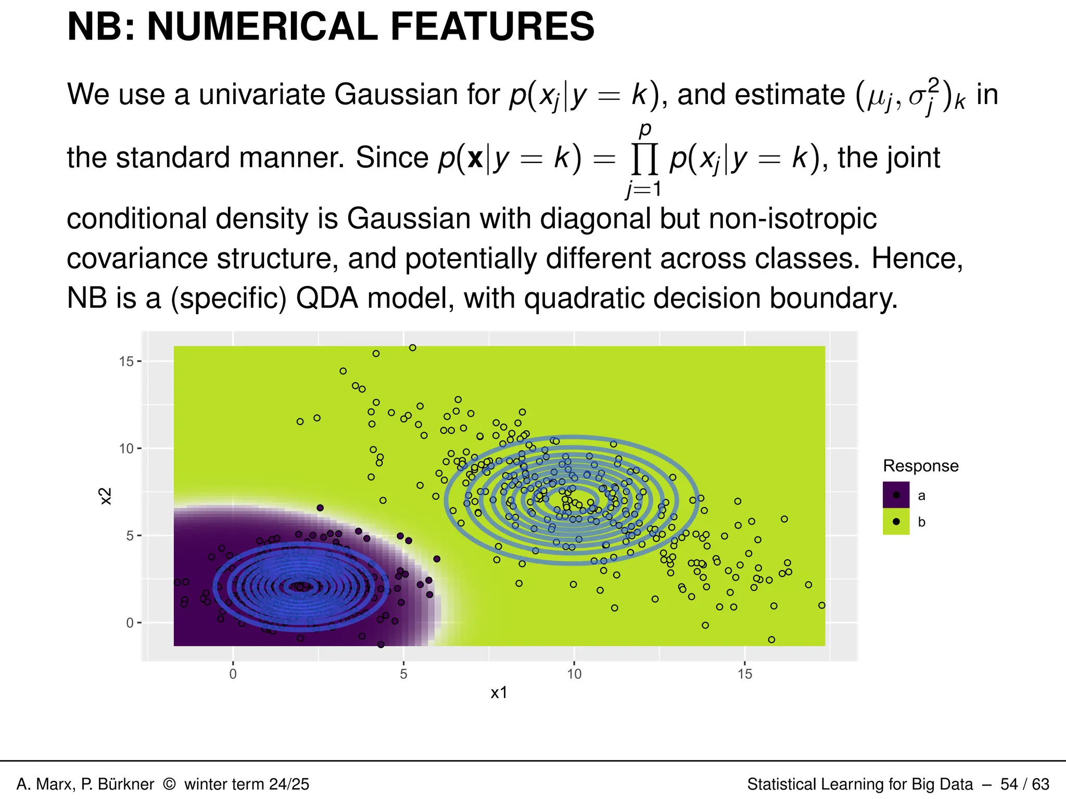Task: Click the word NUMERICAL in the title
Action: [263, 27]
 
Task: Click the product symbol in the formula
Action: [644, 159]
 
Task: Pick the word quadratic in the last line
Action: [584, 299]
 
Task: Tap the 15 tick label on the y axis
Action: [126, 362]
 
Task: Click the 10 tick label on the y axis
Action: [126, 448]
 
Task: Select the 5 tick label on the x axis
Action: [403, 674]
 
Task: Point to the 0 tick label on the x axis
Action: [233, 674]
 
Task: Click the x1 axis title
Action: [499, 693]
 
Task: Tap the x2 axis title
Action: [106, 496]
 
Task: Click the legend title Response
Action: [920, 466]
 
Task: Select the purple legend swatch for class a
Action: [896, 495]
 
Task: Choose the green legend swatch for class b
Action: [896, 522]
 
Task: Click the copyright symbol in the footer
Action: [169, 784]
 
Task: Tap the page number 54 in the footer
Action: [1009, 784]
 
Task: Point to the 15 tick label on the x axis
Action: [745, 674]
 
